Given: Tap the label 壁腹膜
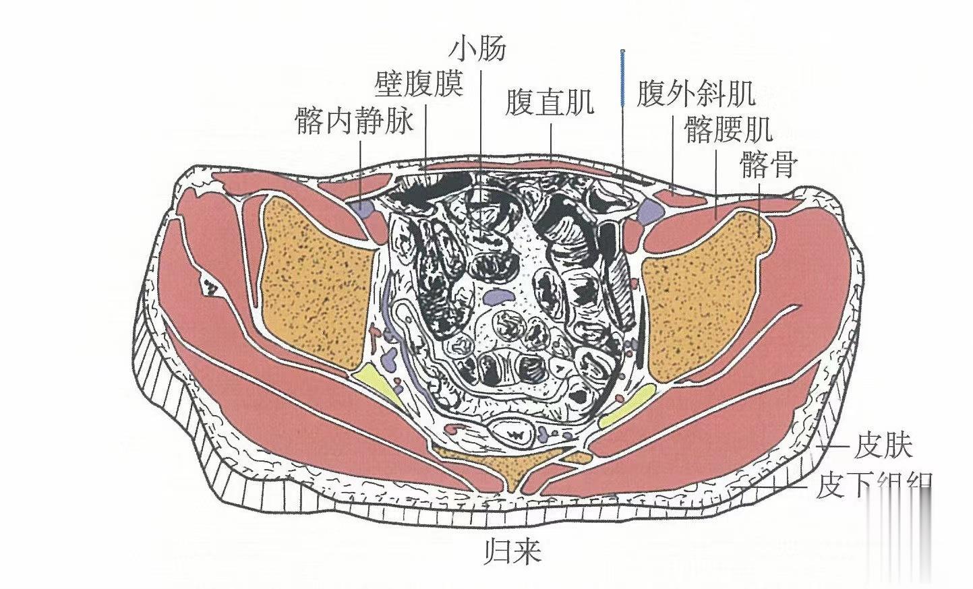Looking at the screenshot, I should coord(419,85).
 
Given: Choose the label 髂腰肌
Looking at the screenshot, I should coord(728,130).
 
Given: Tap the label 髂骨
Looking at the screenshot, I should coord(769,164).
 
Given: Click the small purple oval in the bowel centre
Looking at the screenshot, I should coord(498,295).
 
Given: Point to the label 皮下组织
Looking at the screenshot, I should coord(873,485).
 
